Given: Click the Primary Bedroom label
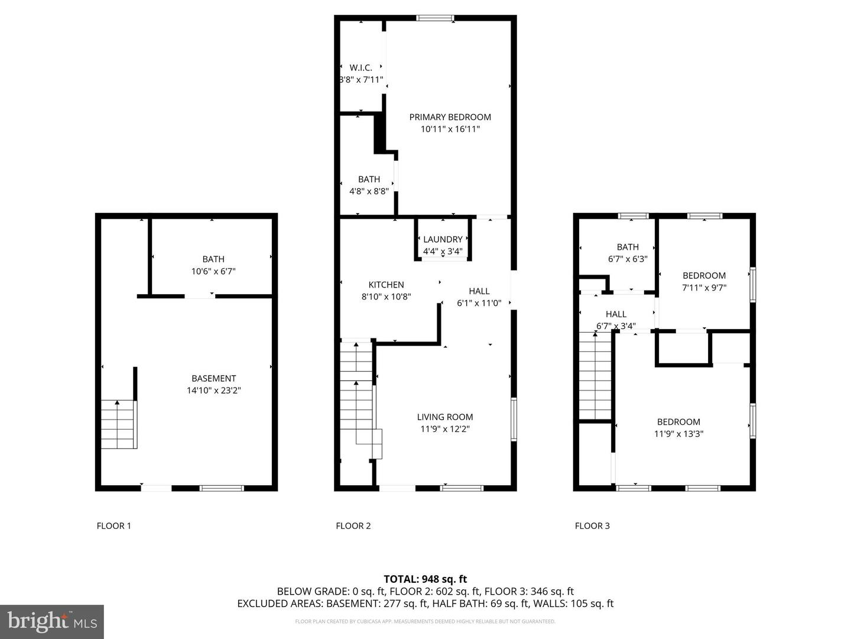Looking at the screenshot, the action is coord(450,117).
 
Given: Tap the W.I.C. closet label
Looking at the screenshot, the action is coord(361,68).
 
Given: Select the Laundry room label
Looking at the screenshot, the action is coord(443,240).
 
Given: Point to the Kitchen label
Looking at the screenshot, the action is coord(386,285).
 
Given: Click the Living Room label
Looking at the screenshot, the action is coord(445,417).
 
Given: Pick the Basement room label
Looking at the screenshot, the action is coord(213,378).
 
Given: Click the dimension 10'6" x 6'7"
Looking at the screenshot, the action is coord(213,271).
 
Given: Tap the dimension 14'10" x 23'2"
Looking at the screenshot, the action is coord(213,390).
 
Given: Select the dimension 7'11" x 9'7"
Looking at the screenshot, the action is coord(704,288).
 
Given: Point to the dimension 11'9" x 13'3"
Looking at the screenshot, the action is coord(679,434).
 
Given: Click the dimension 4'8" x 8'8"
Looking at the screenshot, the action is coord(369,191).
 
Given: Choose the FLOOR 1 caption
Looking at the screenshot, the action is coord(114,526).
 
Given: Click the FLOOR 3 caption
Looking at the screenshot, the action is coord(592,526).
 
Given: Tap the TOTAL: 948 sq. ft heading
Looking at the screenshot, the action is coord(425,579).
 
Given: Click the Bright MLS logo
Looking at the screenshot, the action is coord(52,621).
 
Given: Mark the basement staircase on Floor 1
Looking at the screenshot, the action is coord(119,424).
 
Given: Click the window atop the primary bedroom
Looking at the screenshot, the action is coord(435,18).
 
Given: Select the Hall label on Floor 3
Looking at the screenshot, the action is coord(616,314).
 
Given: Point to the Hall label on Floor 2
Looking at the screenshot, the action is coord(479,291).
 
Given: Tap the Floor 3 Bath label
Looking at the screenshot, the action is coord(628,247).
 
